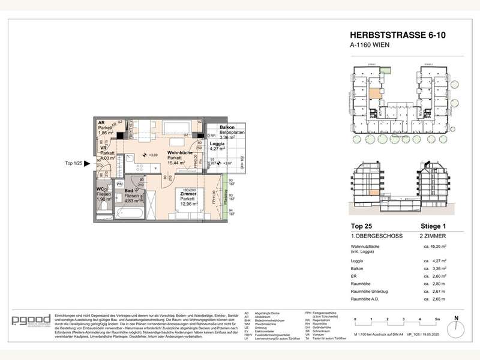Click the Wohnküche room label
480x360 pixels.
[x=179, y=153]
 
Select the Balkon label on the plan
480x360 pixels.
[x=227, y=128]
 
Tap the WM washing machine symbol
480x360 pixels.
[x=119, y=184]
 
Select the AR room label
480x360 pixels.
[x=101, y=122]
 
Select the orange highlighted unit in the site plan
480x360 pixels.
[x=374, y=94]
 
